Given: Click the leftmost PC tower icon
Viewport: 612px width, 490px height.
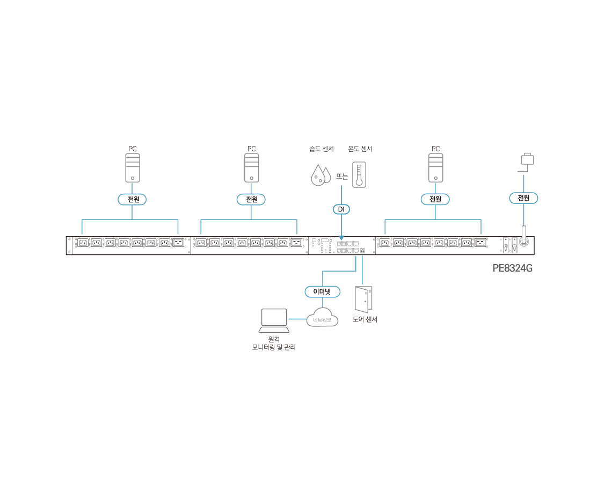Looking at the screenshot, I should point(132,167).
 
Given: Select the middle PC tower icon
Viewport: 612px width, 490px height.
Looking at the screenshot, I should point(251,167).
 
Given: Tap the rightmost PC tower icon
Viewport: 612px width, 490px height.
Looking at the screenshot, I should point(435,167).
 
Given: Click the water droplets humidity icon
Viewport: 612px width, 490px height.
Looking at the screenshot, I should point(320,175).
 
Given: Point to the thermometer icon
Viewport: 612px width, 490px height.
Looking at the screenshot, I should point(359,174).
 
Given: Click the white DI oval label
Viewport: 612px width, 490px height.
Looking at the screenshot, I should point(341,209).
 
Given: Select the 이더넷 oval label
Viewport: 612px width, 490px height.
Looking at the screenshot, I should point(322,291).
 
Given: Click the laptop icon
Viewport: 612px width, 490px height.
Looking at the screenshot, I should point(274,320).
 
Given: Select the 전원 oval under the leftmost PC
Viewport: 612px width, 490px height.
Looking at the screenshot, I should point(132,200).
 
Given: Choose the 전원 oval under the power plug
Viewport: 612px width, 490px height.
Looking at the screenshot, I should point(523,198).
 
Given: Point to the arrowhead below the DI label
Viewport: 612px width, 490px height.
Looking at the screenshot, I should point(341,238).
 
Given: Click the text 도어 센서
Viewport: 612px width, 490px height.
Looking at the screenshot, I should point(365,319).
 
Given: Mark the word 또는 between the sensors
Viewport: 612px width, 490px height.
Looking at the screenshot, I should point(342,176).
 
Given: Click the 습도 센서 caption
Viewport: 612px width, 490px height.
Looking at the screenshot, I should point(321,149).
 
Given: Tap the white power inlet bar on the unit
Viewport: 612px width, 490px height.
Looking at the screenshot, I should point(524,234).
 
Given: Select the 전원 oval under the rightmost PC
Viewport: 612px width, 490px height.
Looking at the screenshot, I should point(435,200).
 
